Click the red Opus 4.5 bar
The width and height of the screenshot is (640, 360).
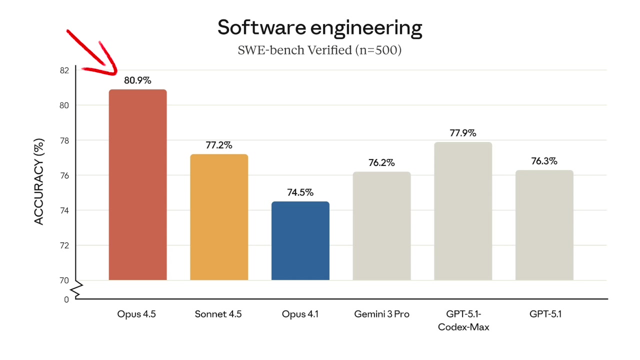coord(137,185)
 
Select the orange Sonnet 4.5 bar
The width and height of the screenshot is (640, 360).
coord(219,217)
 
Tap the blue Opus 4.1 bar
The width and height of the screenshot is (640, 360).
coord(300,240)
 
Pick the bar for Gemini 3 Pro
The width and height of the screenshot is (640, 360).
coord(381,226)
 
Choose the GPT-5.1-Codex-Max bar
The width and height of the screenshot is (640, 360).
coord(463,211)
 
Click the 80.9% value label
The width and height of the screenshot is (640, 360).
coord(137,80)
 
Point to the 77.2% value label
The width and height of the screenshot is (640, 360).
coord(219,145)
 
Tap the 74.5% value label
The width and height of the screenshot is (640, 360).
coord(300,192)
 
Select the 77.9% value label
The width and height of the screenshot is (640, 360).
coord(463,133)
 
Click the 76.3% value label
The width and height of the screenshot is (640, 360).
coord(544,161)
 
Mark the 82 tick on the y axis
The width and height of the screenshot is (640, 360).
coord(64,70)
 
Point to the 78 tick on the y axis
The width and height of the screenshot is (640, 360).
coord(64,140)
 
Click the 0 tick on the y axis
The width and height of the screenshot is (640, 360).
coord(66,299)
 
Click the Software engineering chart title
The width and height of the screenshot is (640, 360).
coord(319,27)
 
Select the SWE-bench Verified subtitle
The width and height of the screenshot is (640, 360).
coord(319,50)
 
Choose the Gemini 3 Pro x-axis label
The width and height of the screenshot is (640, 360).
coord(381,314)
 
